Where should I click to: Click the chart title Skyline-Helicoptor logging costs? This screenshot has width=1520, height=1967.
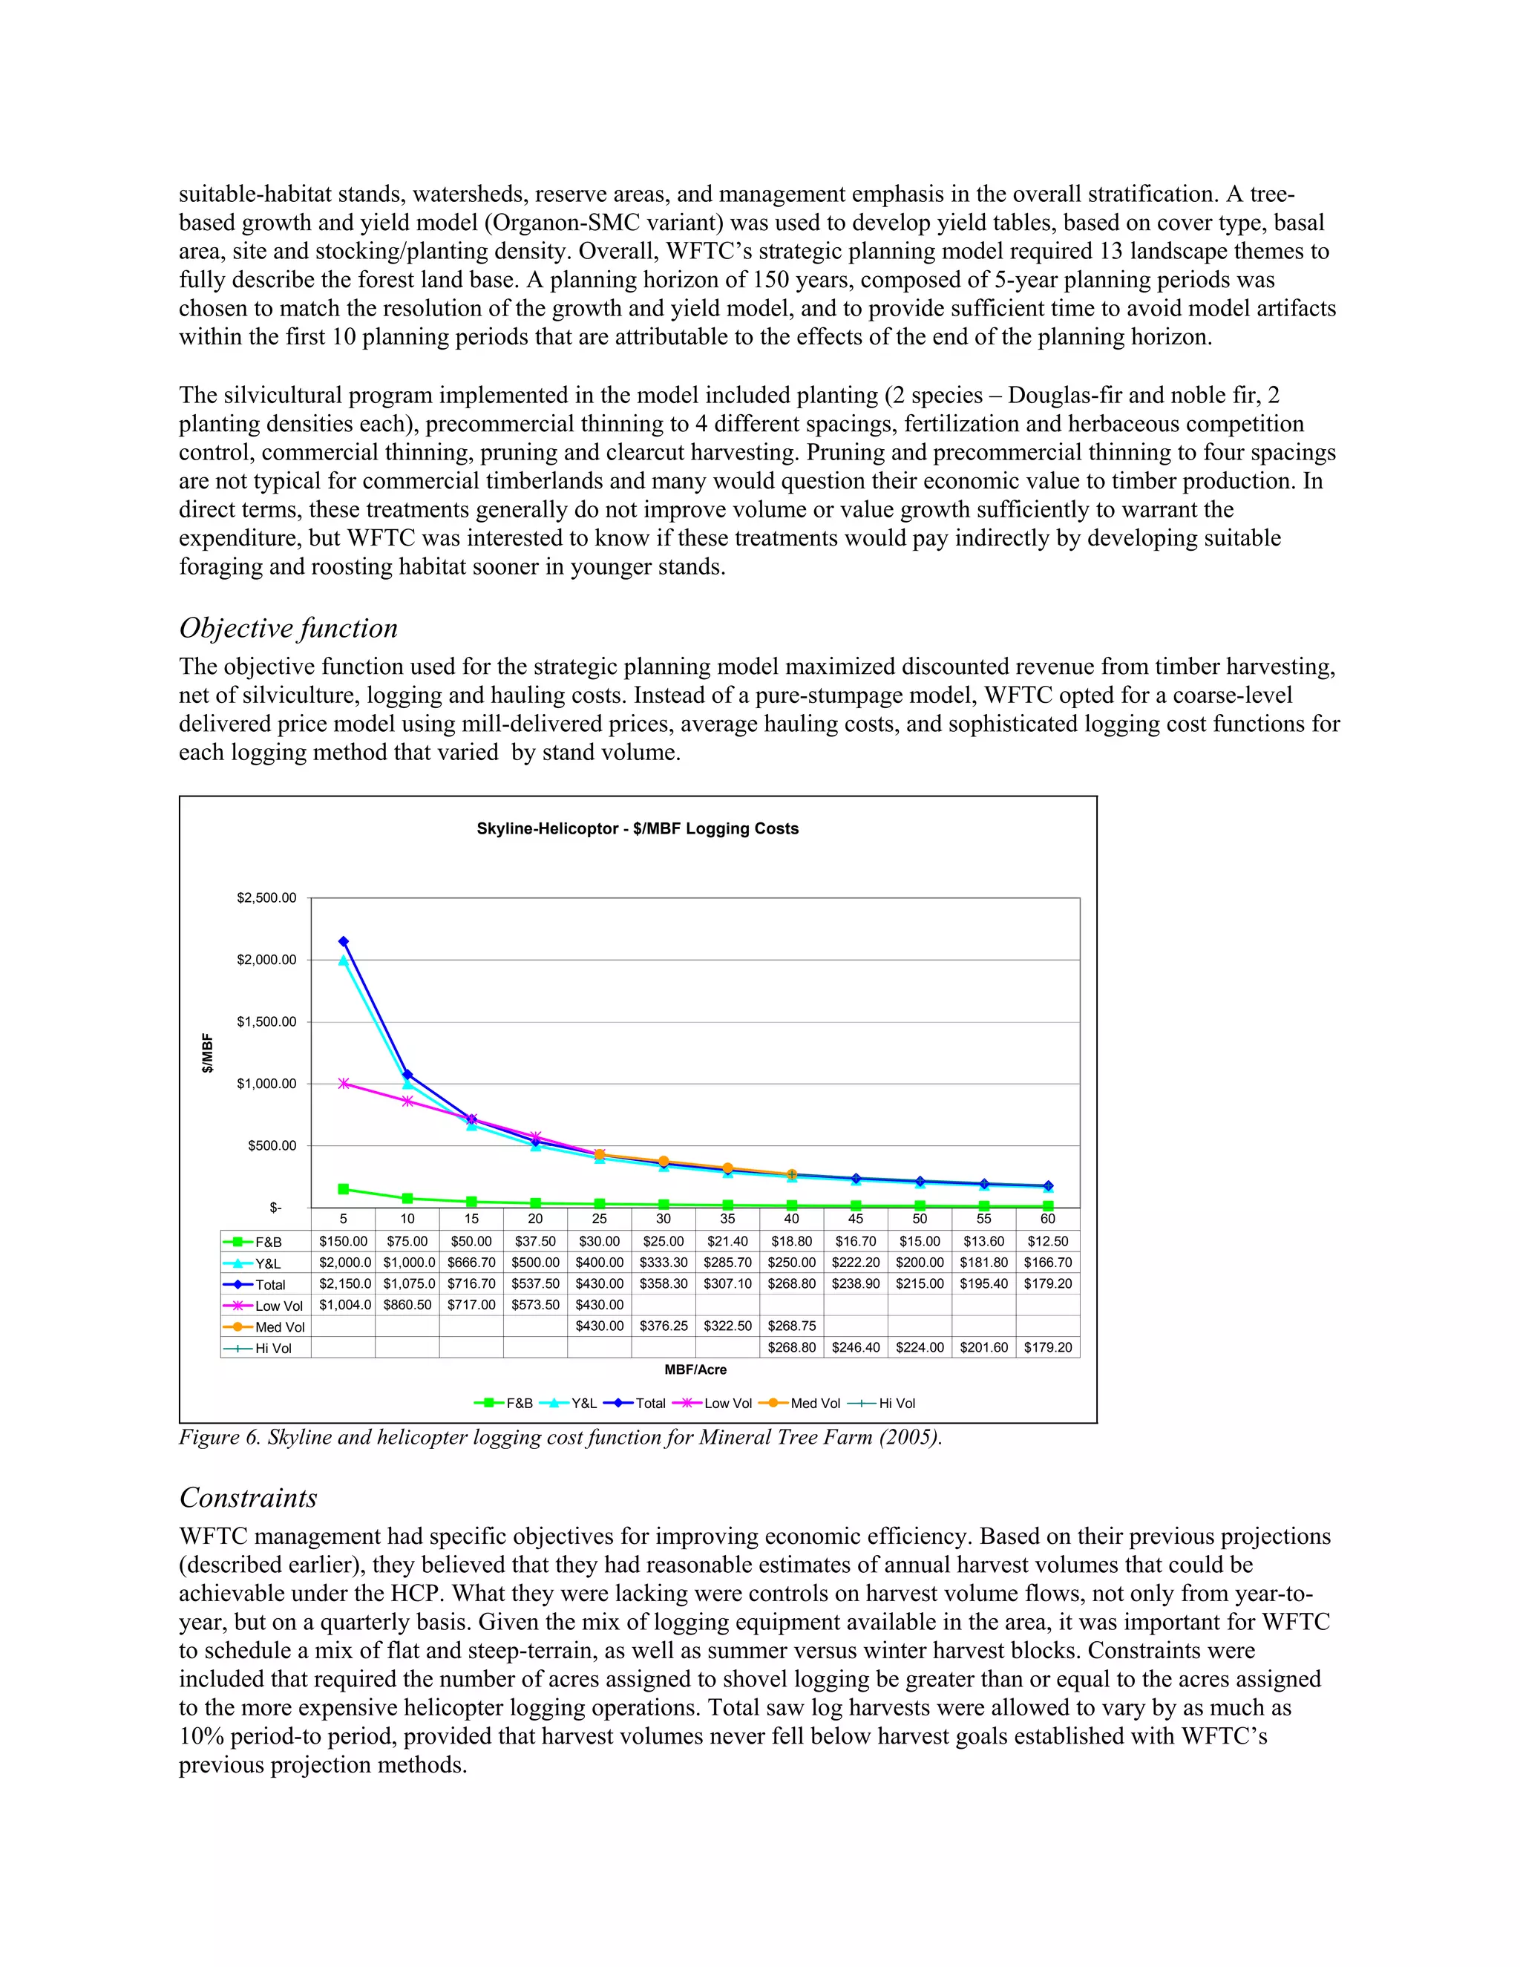click(638, 828)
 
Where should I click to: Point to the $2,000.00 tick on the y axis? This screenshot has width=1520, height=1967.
click(266, 960)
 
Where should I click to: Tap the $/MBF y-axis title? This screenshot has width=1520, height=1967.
click(208, 1052)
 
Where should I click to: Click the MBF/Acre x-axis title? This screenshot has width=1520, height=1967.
click(695, 1370)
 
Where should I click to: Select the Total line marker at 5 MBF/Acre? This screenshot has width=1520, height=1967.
click(343, 942)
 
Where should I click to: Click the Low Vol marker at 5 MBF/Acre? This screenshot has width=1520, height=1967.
click(343, 1084)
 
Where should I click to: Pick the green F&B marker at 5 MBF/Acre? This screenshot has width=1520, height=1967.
click(343, 1189)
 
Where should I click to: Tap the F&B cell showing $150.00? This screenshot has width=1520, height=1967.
click(343, 1241)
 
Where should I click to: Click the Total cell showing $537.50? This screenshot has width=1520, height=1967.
click(535, 1283)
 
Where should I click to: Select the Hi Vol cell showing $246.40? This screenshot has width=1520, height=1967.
click(856, 1347)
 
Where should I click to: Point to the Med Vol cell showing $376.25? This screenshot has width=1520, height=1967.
click(664, 1326)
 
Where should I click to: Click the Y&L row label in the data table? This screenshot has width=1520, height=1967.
click(267, 1263)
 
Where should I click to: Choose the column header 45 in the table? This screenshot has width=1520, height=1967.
click(856, 1219)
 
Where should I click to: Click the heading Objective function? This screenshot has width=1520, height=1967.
click(288, 629)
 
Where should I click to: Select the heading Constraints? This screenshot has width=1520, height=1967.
click(249, 1498)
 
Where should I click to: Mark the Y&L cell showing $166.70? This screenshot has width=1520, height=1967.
click(1047, 1263)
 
